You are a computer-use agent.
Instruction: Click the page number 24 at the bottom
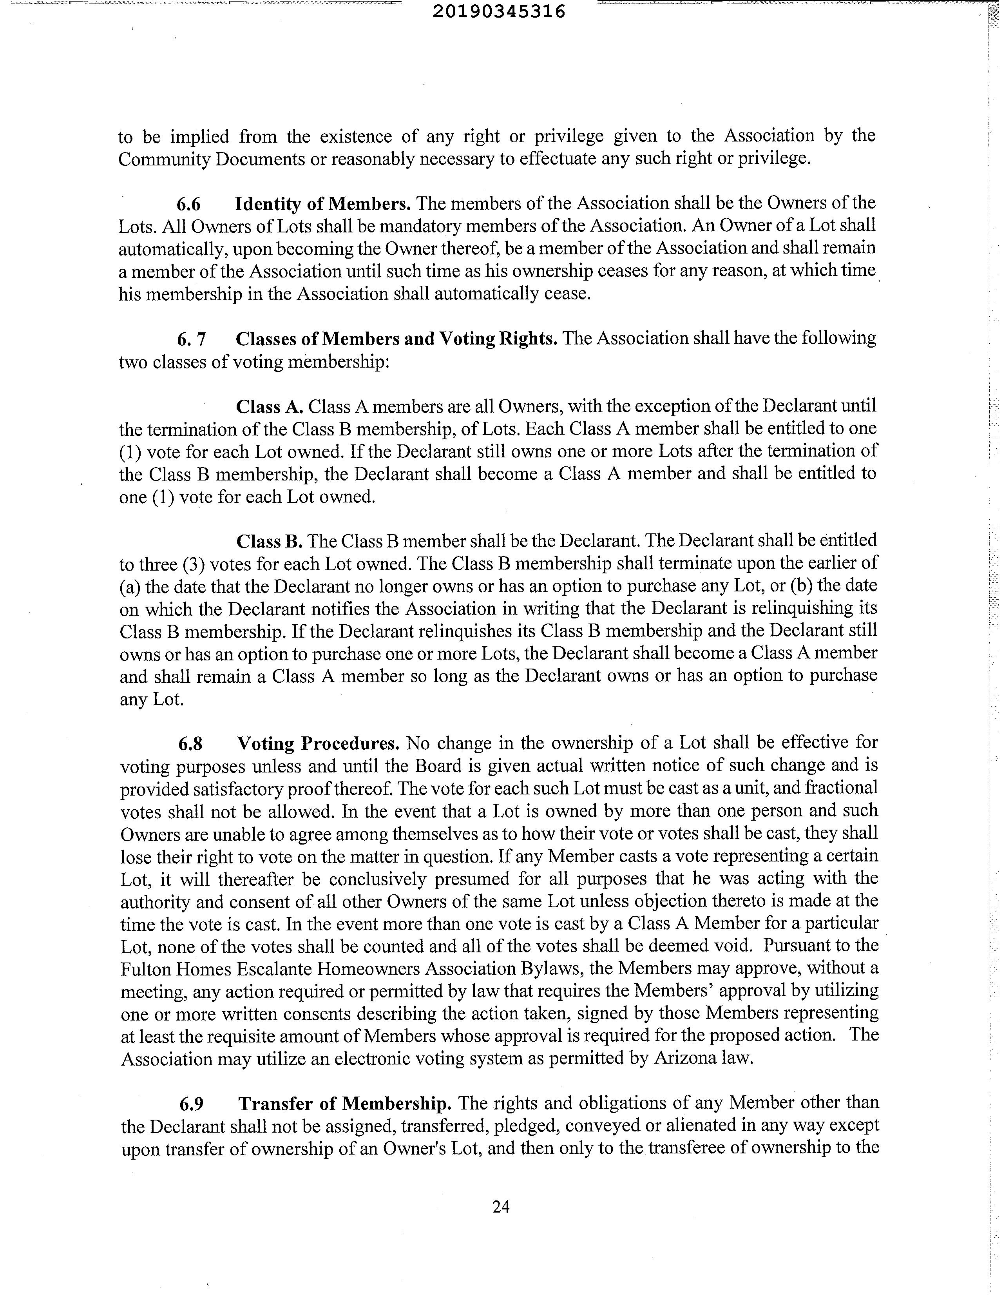tap(501, 1206)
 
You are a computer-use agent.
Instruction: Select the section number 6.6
tap(188, 204)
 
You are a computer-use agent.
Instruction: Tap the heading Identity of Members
tap(323, 204)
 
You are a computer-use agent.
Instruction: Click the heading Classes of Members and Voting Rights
tap(396, 339)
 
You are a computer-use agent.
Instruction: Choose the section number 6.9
tap(191, 1104)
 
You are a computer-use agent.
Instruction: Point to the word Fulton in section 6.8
tap(146, 969)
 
